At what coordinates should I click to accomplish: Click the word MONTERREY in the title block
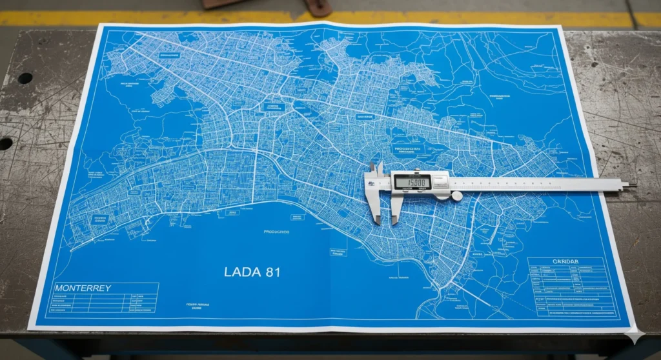83,288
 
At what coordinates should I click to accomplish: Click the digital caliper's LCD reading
412,183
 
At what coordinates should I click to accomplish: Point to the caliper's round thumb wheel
456,196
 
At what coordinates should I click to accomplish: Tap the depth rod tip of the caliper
633,185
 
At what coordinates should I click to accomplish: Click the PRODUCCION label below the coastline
276,231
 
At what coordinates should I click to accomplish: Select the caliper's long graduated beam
536,184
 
